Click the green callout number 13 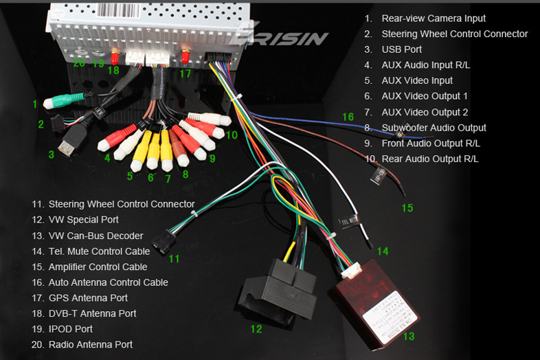[409, 337]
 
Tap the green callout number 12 [256, 329]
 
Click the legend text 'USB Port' [402, 49]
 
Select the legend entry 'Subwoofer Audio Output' [434, 128]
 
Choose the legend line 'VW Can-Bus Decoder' [95, 236]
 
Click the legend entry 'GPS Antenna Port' [88, 298]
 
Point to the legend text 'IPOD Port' [70, 329]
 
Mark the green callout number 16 [348, 117]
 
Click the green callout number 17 [185, 74]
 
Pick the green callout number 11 [174, 259]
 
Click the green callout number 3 [51, 155]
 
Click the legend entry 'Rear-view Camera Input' [434, 19]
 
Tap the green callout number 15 [407, 208]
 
